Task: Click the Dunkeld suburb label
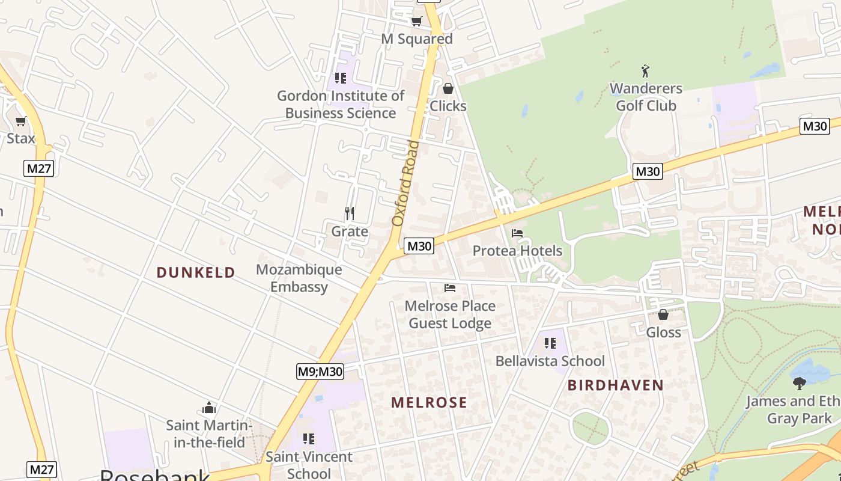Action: tap(196, 272)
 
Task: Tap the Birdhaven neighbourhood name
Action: tap(616, 385)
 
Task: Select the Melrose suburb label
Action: tap(429, 402)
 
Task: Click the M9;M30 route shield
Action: tap(320, 372)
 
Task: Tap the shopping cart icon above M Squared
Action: tap(416, 22)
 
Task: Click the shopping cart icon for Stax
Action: tap(21, 121)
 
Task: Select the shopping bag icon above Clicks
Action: tap(448, 89)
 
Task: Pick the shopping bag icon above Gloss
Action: tap(663, 314)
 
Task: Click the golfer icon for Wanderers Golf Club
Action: tap(646, 71)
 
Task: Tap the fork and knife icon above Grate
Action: tap(350, 213)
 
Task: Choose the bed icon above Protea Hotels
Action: tap(517, 233)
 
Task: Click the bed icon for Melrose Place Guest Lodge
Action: tap(450, 288)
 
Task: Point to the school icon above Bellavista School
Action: tap(550, 343)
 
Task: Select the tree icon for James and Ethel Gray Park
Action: tap(799, 383)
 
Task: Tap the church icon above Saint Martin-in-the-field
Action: tap(209, 408)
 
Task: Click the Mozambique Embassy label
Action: tap(299, 278)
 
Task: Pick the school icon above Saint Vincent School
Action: tap(309, 439)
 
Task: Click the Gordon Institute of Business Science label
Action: tap(341, 105)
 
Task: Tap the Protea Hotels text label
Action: tap(517, 251)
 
